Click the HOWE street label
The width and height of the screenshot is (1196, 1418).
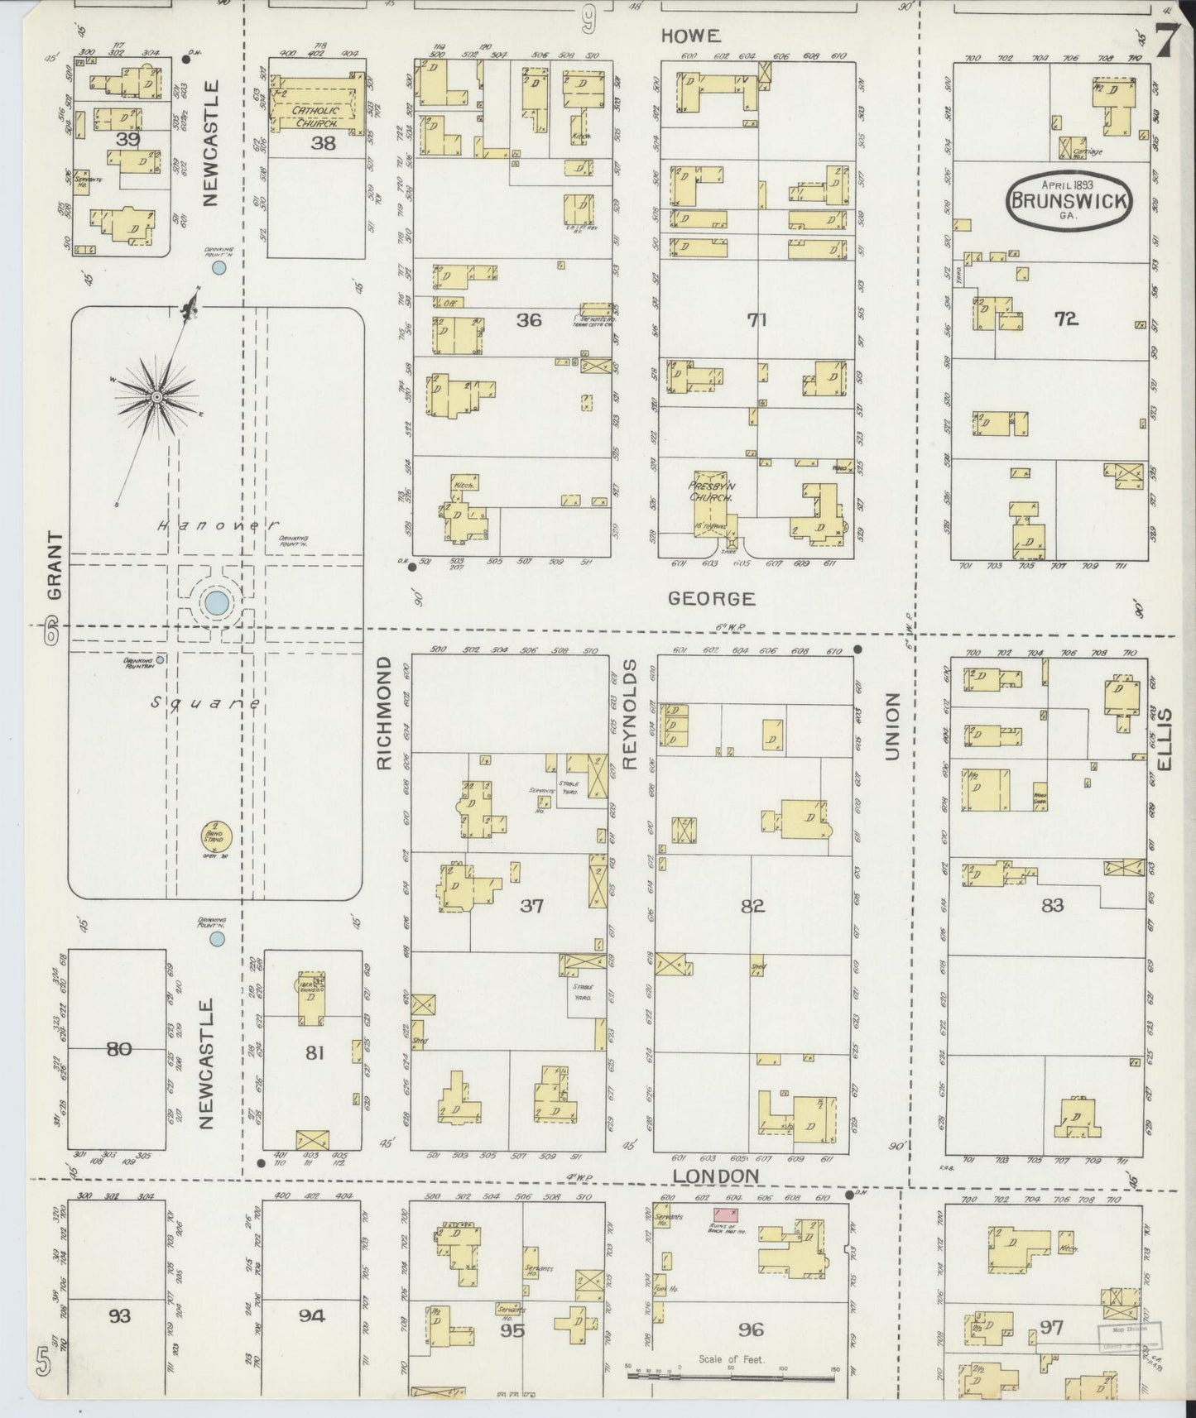pos(690,36)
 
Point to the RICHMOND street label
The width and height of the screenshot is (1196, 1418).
pos(383,714)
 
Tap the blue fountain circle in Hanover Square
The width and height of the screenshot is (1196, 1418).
pos(216,602)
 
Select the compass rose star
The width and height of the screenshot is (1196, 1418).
pos(156,398)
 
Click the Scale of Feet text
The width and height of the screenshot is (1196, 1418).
pos(732,1358)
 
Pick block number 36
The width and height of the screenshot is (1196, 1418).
pos(528,319)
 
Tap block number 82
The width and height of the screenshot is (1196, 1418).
pos(752,906)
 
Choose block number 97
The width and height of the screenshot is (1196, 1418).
pos(1051,1328)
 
